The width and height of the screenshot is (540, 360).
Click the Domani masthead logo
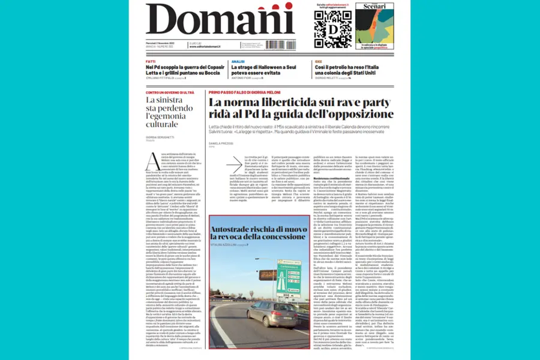point(220,20)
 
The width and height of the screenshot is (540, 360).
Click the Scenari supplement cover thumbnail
point(375,26)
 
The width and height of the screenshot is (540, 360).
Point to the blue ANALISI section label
point(238,61)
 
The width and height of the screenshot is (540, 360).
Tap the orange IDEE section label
point(317,61)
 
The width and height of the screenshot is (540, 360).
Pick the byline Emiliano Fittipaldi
point(162,78)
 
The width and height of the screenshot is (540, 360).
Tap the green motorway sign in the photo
point(289,276)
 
